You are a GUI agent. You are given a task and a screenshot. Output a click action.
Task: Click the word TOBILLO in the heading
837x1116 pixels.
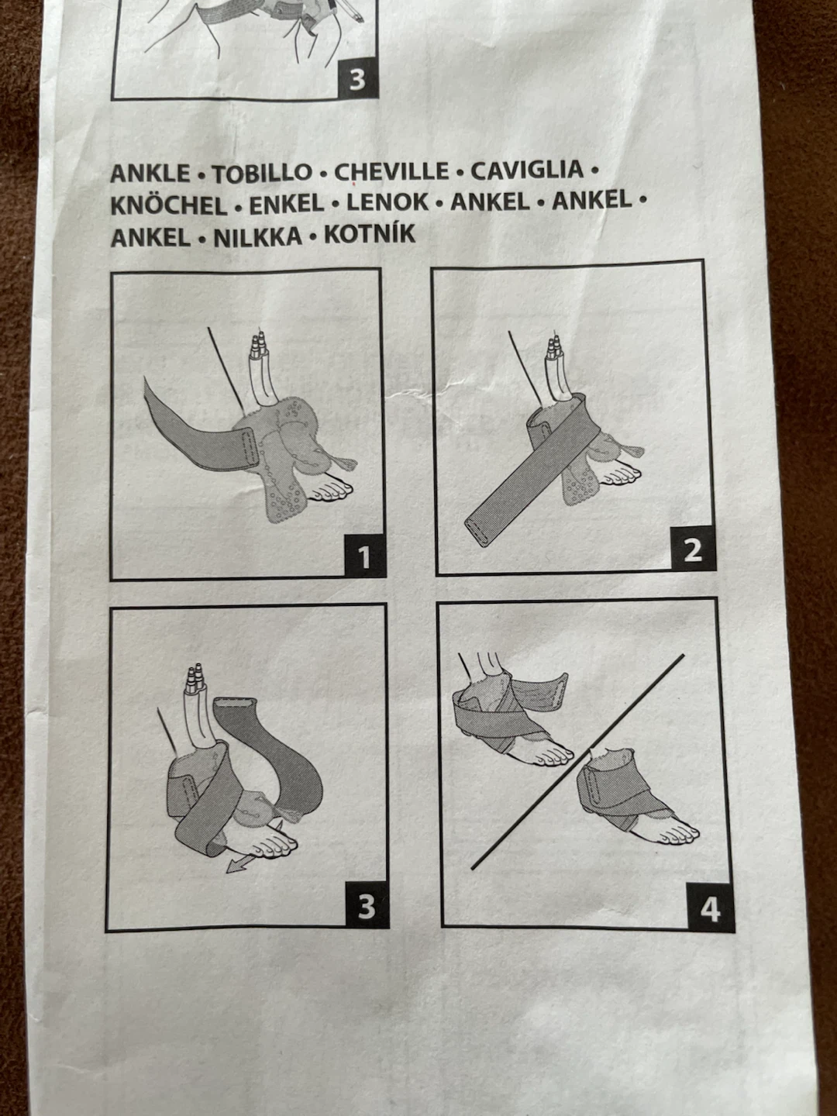point(262,174)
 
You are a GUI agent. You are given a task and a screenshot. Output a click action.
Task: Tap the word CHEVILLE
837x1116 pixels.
point(391,172)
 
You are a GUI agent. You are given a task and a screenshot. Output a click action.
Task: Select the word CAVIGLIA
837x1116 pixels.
point(527,170)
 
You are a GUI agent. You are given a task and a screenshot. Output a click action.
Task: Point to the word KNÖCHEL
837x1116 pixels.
point(169,205)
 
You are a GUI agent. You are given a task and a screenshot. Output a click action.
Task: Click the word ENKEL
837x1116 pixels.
point(287,204)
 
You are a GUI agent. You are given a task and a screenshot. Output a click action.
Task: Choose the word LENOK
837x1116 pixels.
point(387,202)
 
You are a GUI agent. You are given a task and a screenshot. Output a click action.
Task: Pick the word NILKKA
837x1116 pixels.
point(257,237)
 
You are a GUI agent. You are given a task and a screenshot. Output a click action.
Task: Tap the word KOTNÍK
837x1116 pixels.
point(370,234)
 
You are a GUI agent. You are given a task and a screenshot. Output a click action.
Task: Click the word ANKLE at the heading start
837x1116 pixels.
point(150,174)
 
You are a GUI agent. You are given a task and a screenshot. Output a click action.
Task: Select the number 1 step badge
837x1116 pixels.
point(364,557)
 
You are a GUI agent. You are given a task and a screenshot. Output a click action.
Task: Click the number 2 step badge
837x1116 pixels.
point(693,549)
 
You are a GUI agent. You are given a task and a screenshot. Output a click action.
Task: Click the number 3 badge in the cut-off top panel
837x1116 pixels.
point(358,79)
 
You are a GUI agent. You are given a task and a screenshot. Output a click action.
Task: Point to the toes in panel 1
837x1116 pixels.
point(332,490)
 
